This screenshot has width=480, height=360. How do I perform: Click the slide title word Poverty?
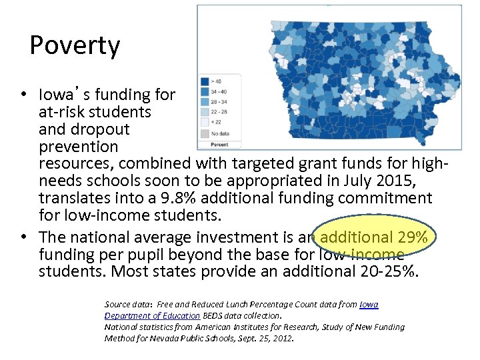coord(75,46)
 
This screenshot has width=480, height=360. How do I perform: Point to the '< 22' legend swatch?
coord(205,123)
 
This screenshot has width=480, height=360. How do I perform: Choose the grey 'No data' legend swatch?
coord(205,133)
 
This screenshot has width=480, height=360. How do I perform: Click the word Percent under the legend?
coord(219,144)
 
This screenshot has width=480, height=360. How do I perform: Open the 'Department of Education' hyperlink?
coord(152,315)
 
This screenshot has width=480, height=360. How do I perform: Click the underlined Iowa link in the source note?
coord(369,304)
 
